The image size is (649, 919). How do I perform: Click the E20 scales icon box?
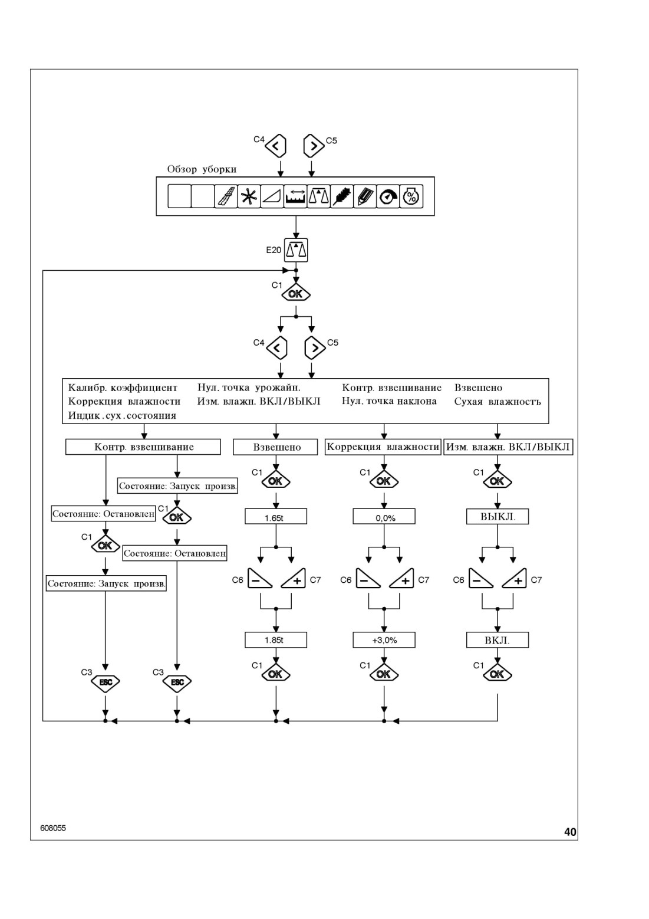(x=295, y=250)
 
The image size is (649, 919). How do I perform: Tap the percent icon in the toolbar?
(x=411, y=196)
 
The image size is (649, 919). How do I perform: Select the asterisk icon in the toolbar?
(x=249, y=196)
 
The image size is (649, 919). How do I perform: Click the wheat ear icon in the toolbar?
(x=342, y=196)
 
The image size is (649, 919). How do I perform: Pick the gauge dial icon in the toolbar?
(x=388, y=196)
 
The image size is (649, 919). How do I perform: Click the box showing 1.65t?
(x=275, y=516)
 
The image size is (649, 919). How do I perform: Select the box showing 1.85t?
(x=275, y=639)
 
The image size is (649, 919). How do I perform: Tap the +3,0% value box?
(x=384, y=639)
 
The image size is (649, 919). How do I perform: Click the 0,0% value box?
(x=384, y=516)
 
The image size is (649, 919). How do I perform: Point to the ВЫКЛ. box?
(x=498, y=516)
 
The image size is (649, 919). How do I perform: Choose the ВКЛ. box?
(x=498, y=639)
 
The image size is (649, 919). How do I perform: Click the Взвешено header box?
(x=275, y=447)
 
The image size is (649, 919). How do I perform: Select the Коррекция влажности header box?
(x=383, y=447)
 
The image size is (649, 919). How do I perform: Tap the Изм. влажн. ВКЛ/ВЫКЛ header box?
(x=508, y=447)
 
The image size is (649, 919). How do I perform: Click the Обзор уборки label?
(x=202, y=169)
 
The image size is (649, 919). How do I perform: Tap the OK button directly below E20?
(x=295, y=294)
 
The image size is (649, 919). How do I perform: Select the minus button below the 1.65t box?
(x=260, y=578)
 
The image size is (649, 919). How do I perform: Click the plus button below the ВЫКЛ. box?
(x=515, y=578)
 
